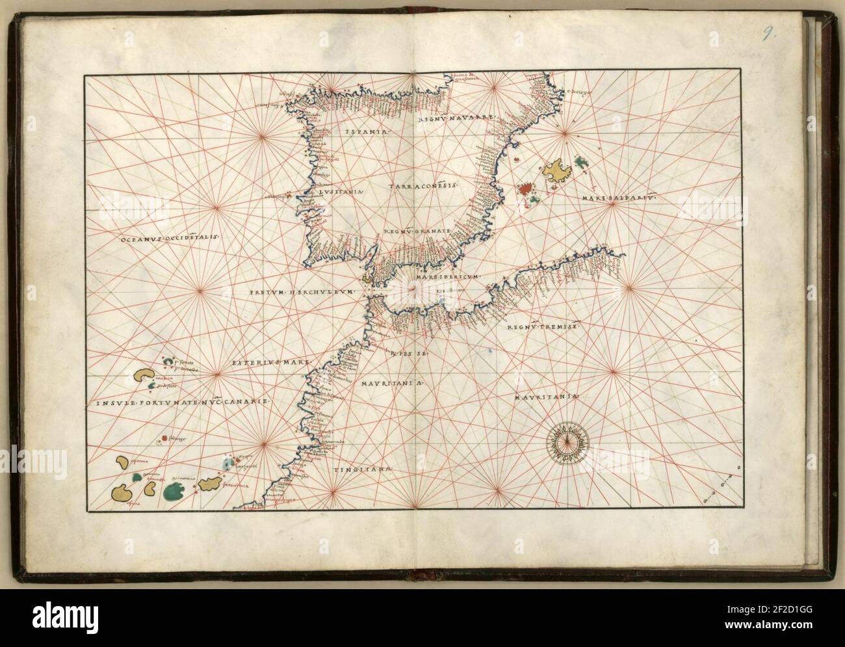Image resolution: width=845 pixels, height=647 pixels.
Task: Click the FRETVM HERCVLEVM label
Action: (303, 293)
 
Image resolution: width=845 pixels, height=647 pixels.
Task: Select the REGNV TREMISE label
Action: (541, 328)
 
